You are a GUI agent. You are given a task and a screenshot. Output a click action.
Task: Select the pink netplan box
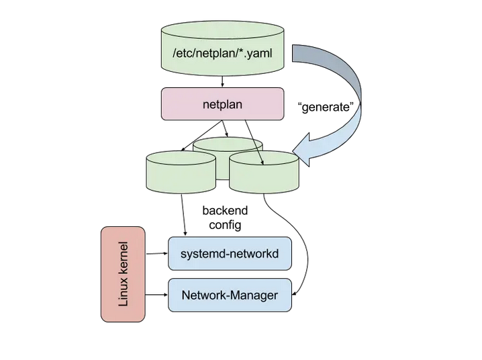(221, 105)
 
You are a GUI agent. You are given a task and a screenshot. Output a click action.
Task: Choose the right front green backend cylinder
(264, 173)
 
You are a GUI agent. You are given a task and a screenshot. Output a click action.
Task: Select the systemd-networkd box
(230, 253)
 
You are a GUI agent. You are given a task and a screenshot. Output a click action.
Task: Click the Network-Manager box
(230, 295)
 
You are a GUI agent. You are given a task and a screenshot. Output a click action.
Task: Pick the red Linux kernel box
(123, 273)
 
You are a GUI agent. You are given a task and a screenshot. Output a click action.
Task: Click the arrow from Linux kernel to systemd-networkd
(156, 253)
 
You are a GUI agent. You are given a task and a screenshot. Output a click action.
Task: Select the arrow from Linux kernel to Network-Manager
(156, 294)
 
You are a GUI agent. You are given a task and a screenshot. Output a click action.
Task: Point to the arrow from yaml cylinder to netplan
(222, 80)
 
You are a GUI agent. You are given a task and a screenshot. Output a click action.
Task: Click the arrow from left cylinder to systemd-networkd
(183, 214)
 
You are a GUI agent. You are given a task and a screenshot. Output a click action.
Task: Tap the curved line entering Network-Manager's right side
(306, 255)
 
